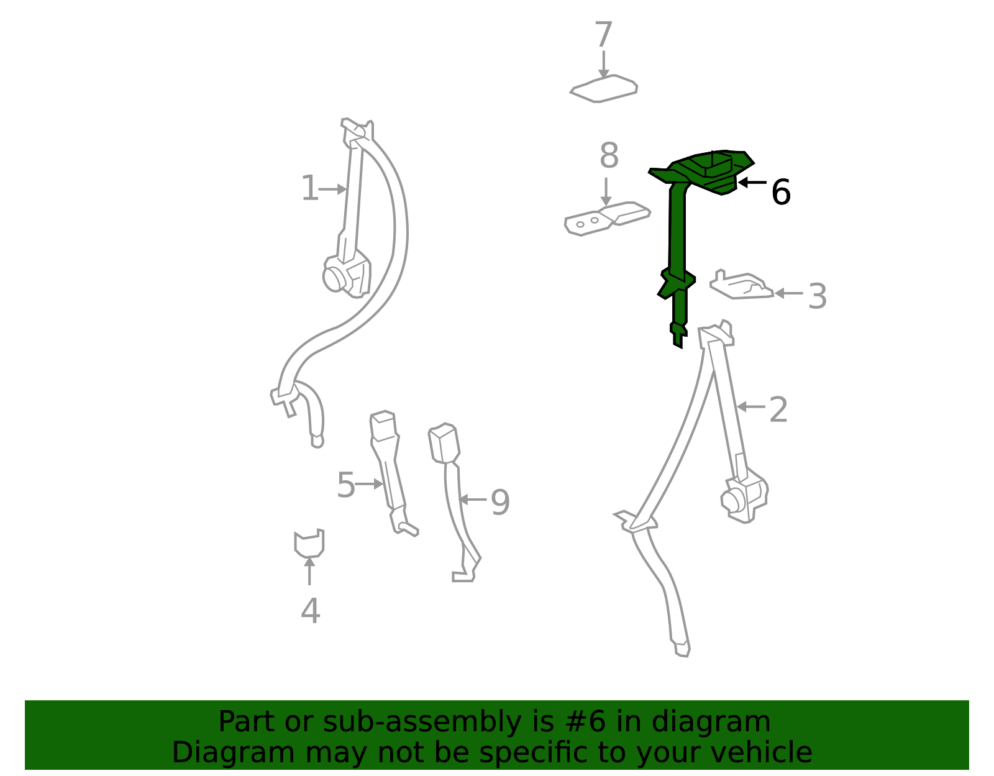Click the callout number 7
click(x=603, y=34)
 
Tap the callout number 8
click(x=609, y=155)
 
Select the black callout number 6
click(x=781, y=192)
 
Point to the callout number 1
click(x=309, y=188)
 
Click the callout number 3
click(x=818, y=296)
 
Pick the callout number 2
click(x=778, y=409)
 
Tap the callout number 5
click(x=346, y=485)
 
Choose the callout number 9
click(x=500, y=503)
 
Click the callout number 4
click(x=310, y=611)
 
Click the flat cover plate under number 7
click(x=604, y=89)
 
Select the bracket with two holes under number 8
click(x=607, y=219)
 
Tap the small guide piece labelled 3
click(x=741, y=285)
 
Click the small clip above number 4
click(x=309, y=544)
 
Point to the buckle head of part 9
click(x=444, y=443)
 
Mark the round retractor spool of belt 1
click(x=334, y=278)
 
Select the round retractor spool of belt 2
click(x=732, y=500)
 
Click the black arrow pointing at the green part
click(x=752, y=183)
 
